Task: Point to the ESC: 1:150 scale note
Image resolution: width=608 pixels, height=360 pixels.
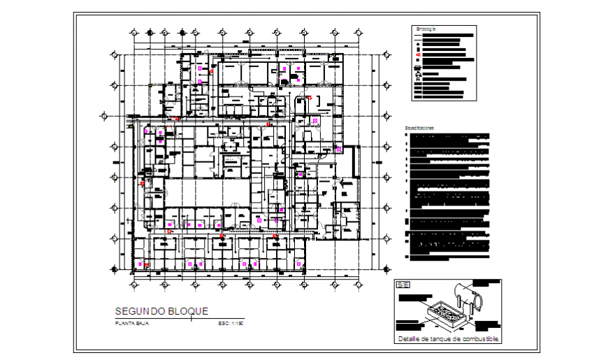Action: tap(231, 323)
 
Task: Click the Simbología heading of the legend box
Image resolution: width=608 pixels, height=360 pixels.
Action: tap(426, 29)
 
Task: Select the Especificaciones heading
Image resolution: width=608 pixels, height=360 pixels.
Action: tap(420, 128)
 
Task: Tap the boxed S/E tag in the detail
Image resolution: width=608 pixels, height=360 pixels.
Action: tap(403, 285)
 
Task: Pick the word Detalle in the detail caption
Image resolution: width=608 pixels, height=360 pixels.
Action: tap(409, 340)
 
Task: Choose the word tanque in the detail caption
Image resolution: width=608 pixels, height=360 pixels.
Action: tap(440, 340)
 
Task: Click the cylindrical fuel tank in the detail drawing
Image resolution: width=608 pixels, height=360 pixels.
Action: tap(461, 294)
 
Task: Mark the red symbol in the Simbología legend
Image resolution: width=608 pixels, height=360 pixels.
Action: tap(418, 55)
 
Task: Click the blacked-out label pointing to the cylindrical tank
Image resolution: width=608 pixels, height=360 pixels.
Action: tap(487, 282)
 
